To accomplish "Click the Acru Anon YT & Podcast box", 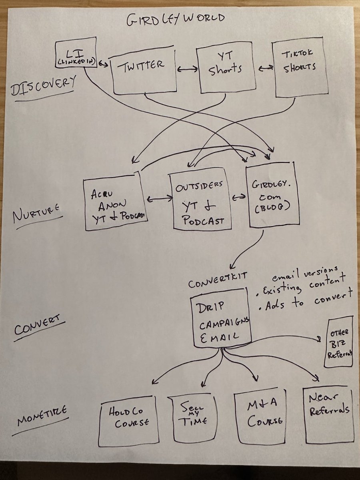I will coord(114,202).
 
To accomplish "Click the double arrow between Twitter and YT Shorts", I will coord(188,69).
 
